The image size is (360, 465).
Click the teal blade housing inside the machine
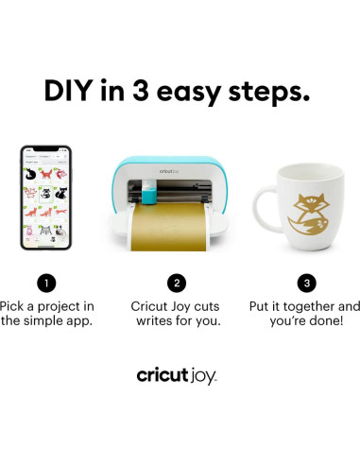pos(149,193)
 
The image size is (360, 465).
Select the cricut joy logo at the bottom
pos(177,375)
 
